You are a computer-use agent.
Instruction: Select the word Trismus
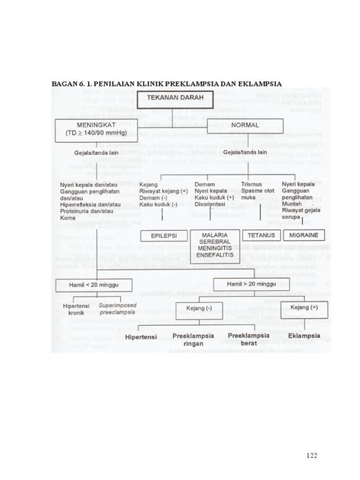pyautogui.click(x=250, y=184)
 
